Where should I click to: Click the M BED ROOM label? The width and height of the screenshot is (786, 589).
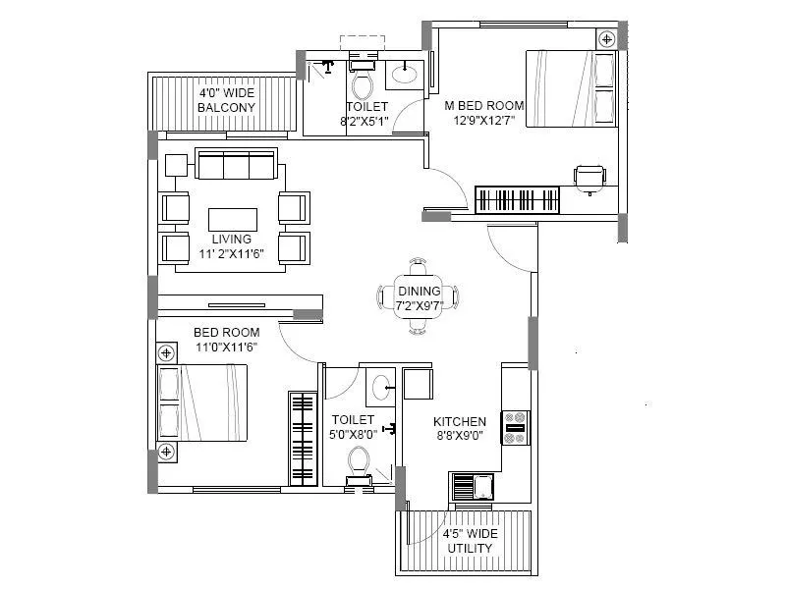point(484,105)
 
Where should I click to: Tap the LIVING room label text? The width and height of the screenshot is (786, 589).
point(232,239)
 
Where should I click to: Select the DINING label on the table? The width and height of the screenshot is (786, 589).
point(419,292)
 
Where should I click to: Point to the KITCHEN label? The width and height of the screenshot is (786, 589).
point(461,422)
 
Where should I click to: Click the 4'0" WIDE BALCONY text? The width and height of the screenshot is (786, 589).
point(226,100)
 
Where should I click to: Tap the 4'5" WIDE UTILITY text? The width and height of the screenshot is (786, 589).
point(470,541)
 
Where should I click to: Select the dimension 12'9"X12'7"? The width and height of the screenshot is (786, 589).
point(483,121)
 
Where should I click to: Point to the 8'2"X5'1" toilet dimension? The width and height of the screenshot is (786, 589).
point(365,122)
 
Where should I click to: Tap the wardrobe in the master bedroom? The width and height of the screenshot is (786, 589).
point(519,200)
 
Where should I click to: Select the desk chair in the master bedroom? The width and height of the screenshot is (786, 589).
point(589,177)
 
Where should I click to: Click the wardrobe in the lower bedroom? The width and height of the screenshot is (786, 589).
point(303,438)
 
